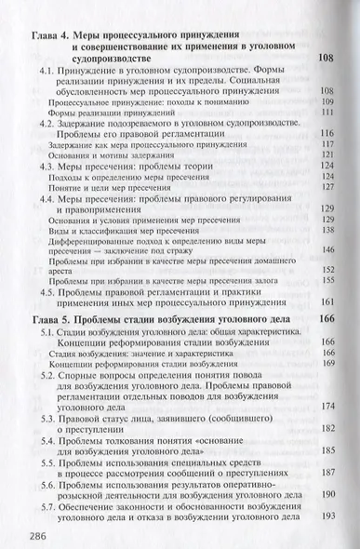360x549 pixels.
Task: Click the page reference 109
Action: pyautogui.click(x=327, y=101)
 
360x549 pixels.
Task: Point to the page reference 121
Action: pyautogui.click(x=327, y=154)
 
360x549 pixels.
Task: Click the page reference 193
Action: pyautogui.click(x=327, y=515)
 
